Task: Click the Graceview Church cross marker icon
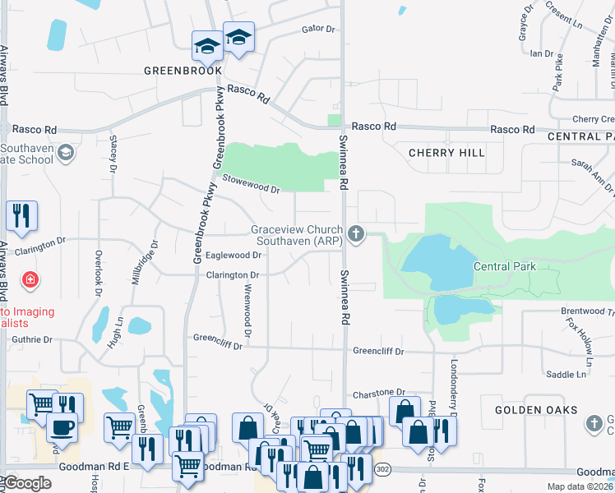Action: tap(355, 235)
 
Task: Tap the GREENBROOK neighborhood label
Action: tap(183, 71)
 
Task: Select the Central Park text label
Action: tap(504, 266)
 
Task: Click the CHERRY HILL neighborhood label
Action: tap(446, 153)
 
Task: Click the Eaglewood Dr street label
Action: tap(233, 256)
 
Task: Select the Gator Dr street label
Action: tap(319, 29)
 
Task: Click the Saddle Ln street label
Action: tap(566, 375)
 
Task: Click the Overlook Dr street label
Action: tap(98, 273)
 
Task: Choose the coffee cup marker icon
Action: tap(62, 426)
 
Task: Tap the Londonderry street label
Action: tap(453, 380)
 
